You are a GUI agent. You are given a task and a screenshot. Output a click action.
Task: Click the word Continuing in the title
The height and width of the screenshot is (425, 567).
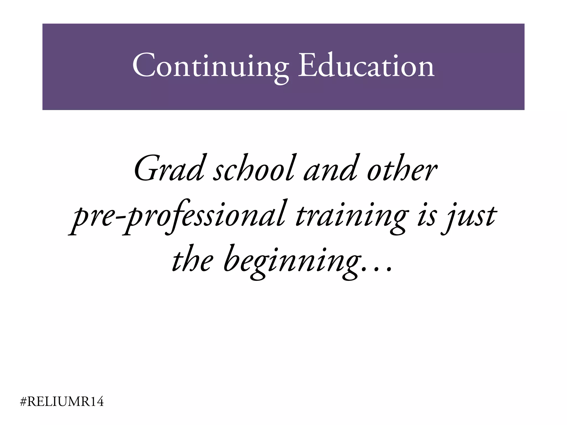[x=210, y=67]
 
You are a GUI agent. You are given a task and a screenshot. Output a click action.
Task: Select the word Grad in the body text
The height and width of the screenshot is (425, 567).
[x=169, y=169]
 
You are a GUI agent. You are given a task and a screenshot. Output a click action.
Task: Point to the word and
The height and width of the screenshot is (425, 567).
[x=330, y=169]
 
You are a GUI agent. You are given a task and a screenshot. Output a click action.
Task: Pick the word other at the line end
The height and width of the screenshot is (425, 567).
[x=401, y=169]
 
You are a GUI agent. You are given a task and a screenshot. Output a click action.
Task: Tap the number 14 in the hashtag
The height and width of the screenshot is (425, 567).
[x=97, y=401]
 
